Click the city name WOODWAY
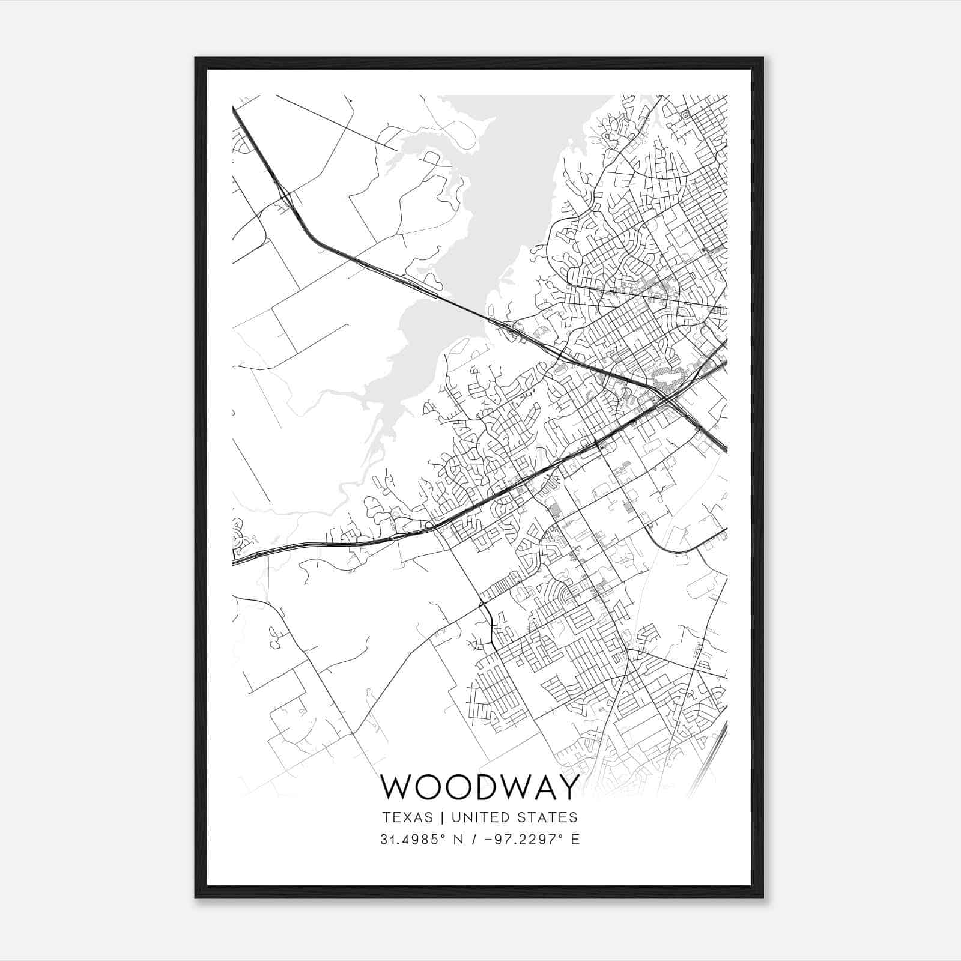pyautogui.click(x=480, y=787)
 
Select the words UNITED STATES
pyautogui.click(x=514, y=817)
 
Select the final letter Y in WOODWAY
pyautogui.click(x=567, y=787)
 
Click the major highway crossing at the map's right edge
pyautogui.click(x=667, y=398)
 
